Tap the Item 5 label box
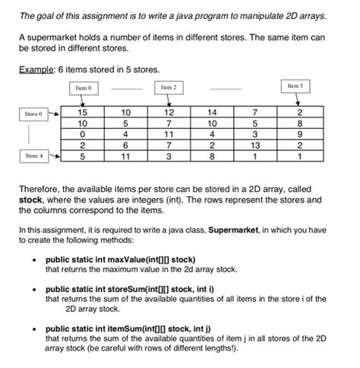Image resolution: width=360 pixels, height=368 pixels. [295, 86]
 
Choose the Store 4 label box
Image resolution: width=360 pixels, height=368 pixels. [35, 156]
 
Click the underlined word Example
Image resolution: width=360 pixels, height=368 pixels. [39, 70]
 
